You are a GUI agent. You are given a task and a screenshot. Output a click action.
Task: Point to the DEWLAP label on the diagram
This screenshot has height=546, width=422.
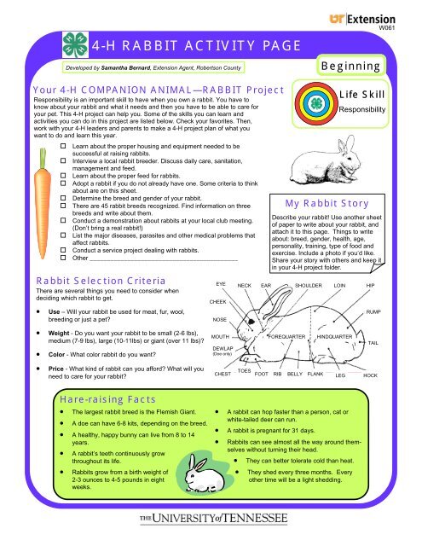click(x=223, y=325)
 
